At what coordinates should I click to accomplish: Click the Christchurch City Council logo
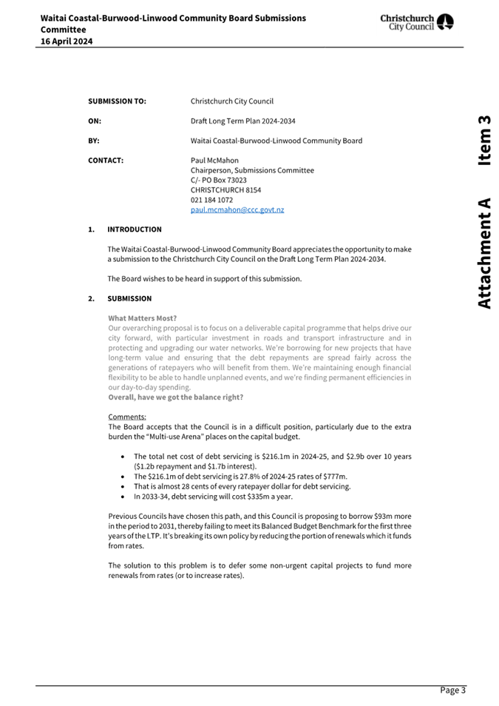[x=417, y=22]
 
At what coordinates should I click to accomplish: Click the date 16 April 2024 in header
[x=67, y=41]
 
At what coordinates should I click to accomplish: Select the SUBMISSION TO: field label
[x=117, y=101]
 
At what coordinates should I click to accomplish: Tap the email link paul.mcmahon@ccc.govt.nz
[x=237, y=210]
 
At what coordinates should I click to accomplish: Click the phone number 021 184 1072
[x=211, y=200]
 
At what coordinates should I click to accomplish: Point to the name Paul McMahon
[x=214, y=160]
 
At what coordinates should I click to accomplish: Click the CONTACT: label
[x=106, y=160]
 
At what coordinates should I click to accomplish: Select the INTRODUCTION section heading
[x=134, y=229]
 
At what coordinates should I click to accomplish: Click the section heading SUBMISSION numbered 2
[x=129, y=299]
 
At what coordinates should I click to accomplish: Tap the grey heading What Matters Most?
[x=142, y=318]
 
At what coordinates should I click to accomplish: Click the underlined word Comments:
[x=127, y=417]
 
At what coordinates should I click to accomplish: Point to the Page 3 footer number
[x=452, y=690]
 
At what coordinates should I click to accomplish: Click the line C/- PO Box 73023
[x=218, y=180]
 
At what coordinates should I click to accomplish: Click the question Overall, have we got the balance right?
[x=175, y=397]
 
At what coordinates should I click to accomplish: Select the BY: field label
[x=94, y=141]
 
